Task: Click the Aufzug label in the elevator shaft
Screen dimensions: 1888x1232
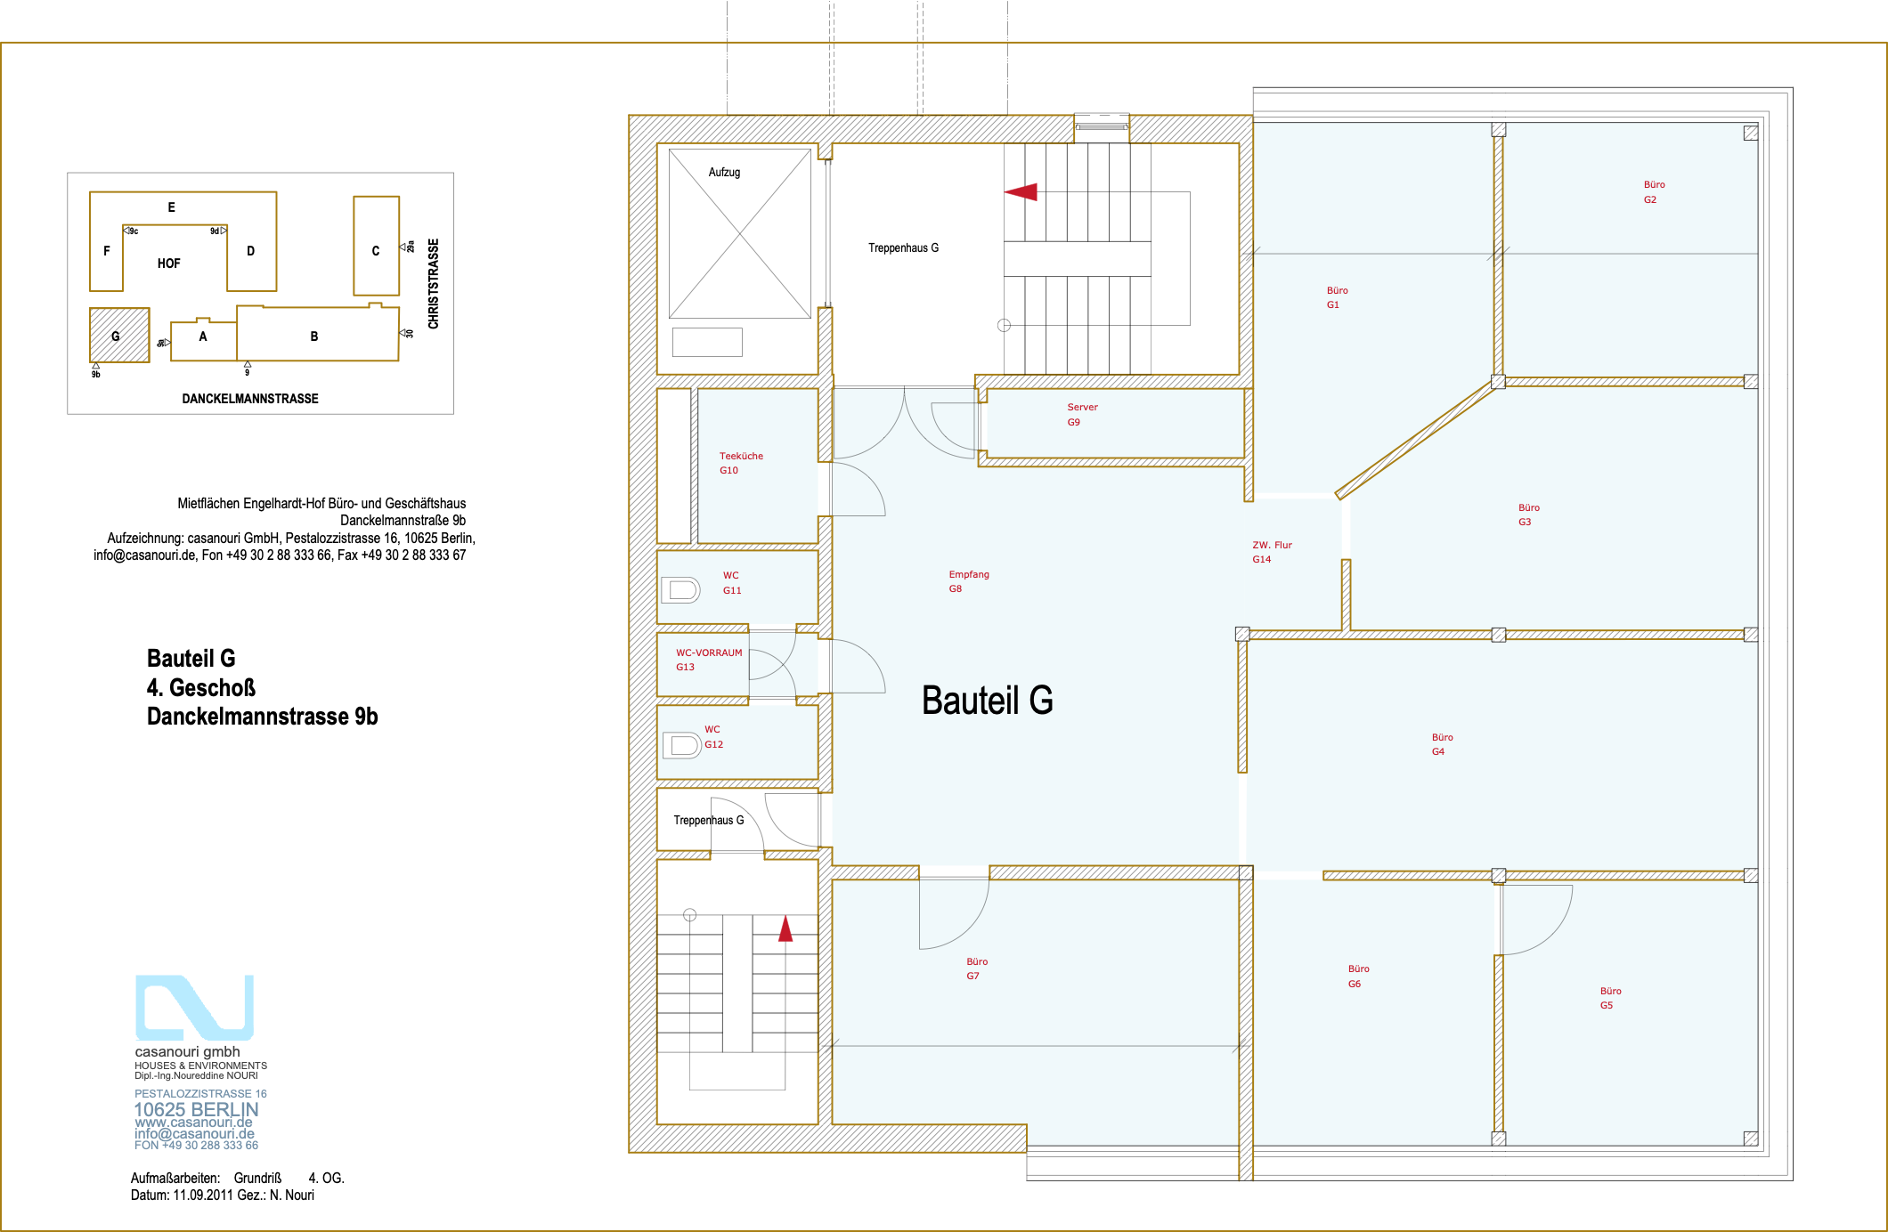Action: click(724, 172)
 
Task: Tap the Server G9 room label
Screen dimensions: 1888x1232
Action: click(1082, 415)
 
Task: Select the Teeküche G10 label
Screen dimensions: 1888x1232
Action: click(741, 463)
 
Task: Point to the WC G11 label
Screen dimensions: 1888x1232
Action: click(731, 583)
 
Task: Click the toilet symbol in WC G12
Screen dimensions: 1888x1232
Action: click(682, 745)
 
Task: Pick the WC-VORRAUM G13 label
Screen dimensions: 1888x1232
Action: click(708, 660)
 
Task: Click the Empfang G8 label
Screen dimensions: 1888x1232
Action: click(968, 581)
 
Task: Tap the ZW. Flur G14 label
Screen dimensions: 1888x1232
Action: click(1272, 552)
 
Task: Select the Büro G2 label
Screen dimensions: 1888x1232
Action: click(1654, 192)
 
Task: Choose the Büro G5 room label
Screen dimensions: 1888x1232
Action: click(1610, 998)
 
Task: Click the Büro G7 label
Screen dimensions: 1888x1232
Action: click(977, 969)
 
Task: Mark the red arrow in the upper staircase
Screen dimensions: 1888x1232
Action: click(1021, 191)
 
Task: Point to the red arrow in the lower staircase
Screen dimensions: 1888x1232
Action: click(785, 928)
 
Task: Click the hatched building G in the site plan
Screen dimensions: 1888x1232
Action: click(119, 335)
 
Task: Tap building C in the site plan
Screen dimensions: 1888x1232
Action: click(376, 246)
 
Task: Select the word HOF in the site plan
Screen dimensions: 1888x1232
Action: click(168, 263)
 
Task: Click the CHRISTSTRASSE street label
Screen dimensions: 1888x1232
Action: click(434, 284)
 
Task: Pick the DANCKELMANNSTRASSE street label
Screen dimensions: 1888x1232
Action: click(250, 399)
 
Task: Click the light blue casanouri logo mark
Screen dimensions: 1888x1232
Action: click(194, 1008)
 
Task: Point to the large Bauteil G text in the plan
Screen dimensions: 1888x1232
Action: click(987, 701)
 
